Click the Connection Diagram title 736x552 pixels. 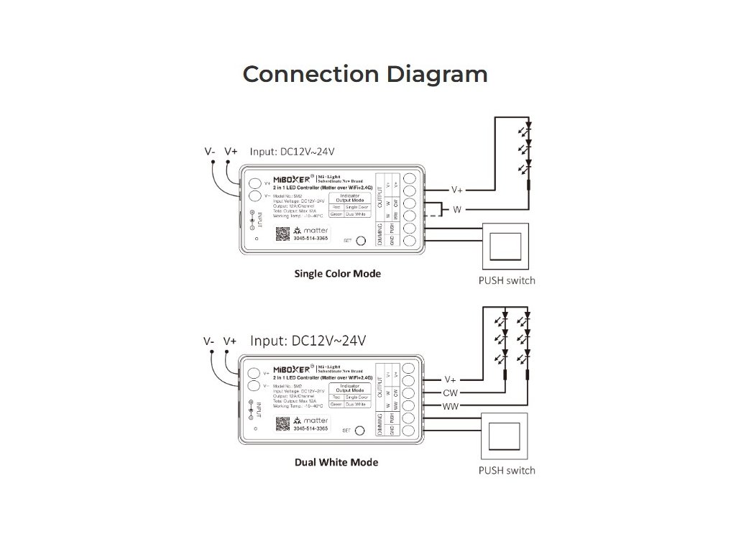pyautogui.click(x=365, y=74)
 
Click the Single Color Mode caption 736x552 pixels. pyautogui.click(x=338, y=274)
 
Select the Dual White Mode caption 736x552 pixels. pyautogui.click(x=336, y=462)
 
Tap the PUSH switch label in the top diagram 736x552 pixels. pyautogui.click(x=507, y=280)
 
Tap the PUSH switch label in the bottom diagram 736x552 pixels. pyautogui.click(x=507, y=470)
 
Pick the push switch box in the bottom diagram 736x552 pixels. pyautogui.click(x=507, y=436)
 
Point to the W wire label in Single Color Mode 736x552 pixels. pyautogui.click(x=456, y=210)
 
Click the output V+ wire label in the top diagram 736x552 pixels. pyautogui.click(x=457, y=190)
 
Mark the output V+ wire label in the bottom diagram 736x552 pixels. pyautogui.click(x=451, y=379)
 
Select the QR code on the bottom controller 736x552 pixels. pyautogui.click(x=280, y=423)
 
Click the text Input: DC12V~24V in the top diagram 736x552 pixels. pyautogui.click(x=293, y=152)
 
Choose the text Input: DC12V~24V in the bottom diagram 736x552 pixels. pyautogui.click(x=308, y=340)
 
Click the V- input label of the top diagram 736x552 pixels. pyautogui.click(x=210, y=152)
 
